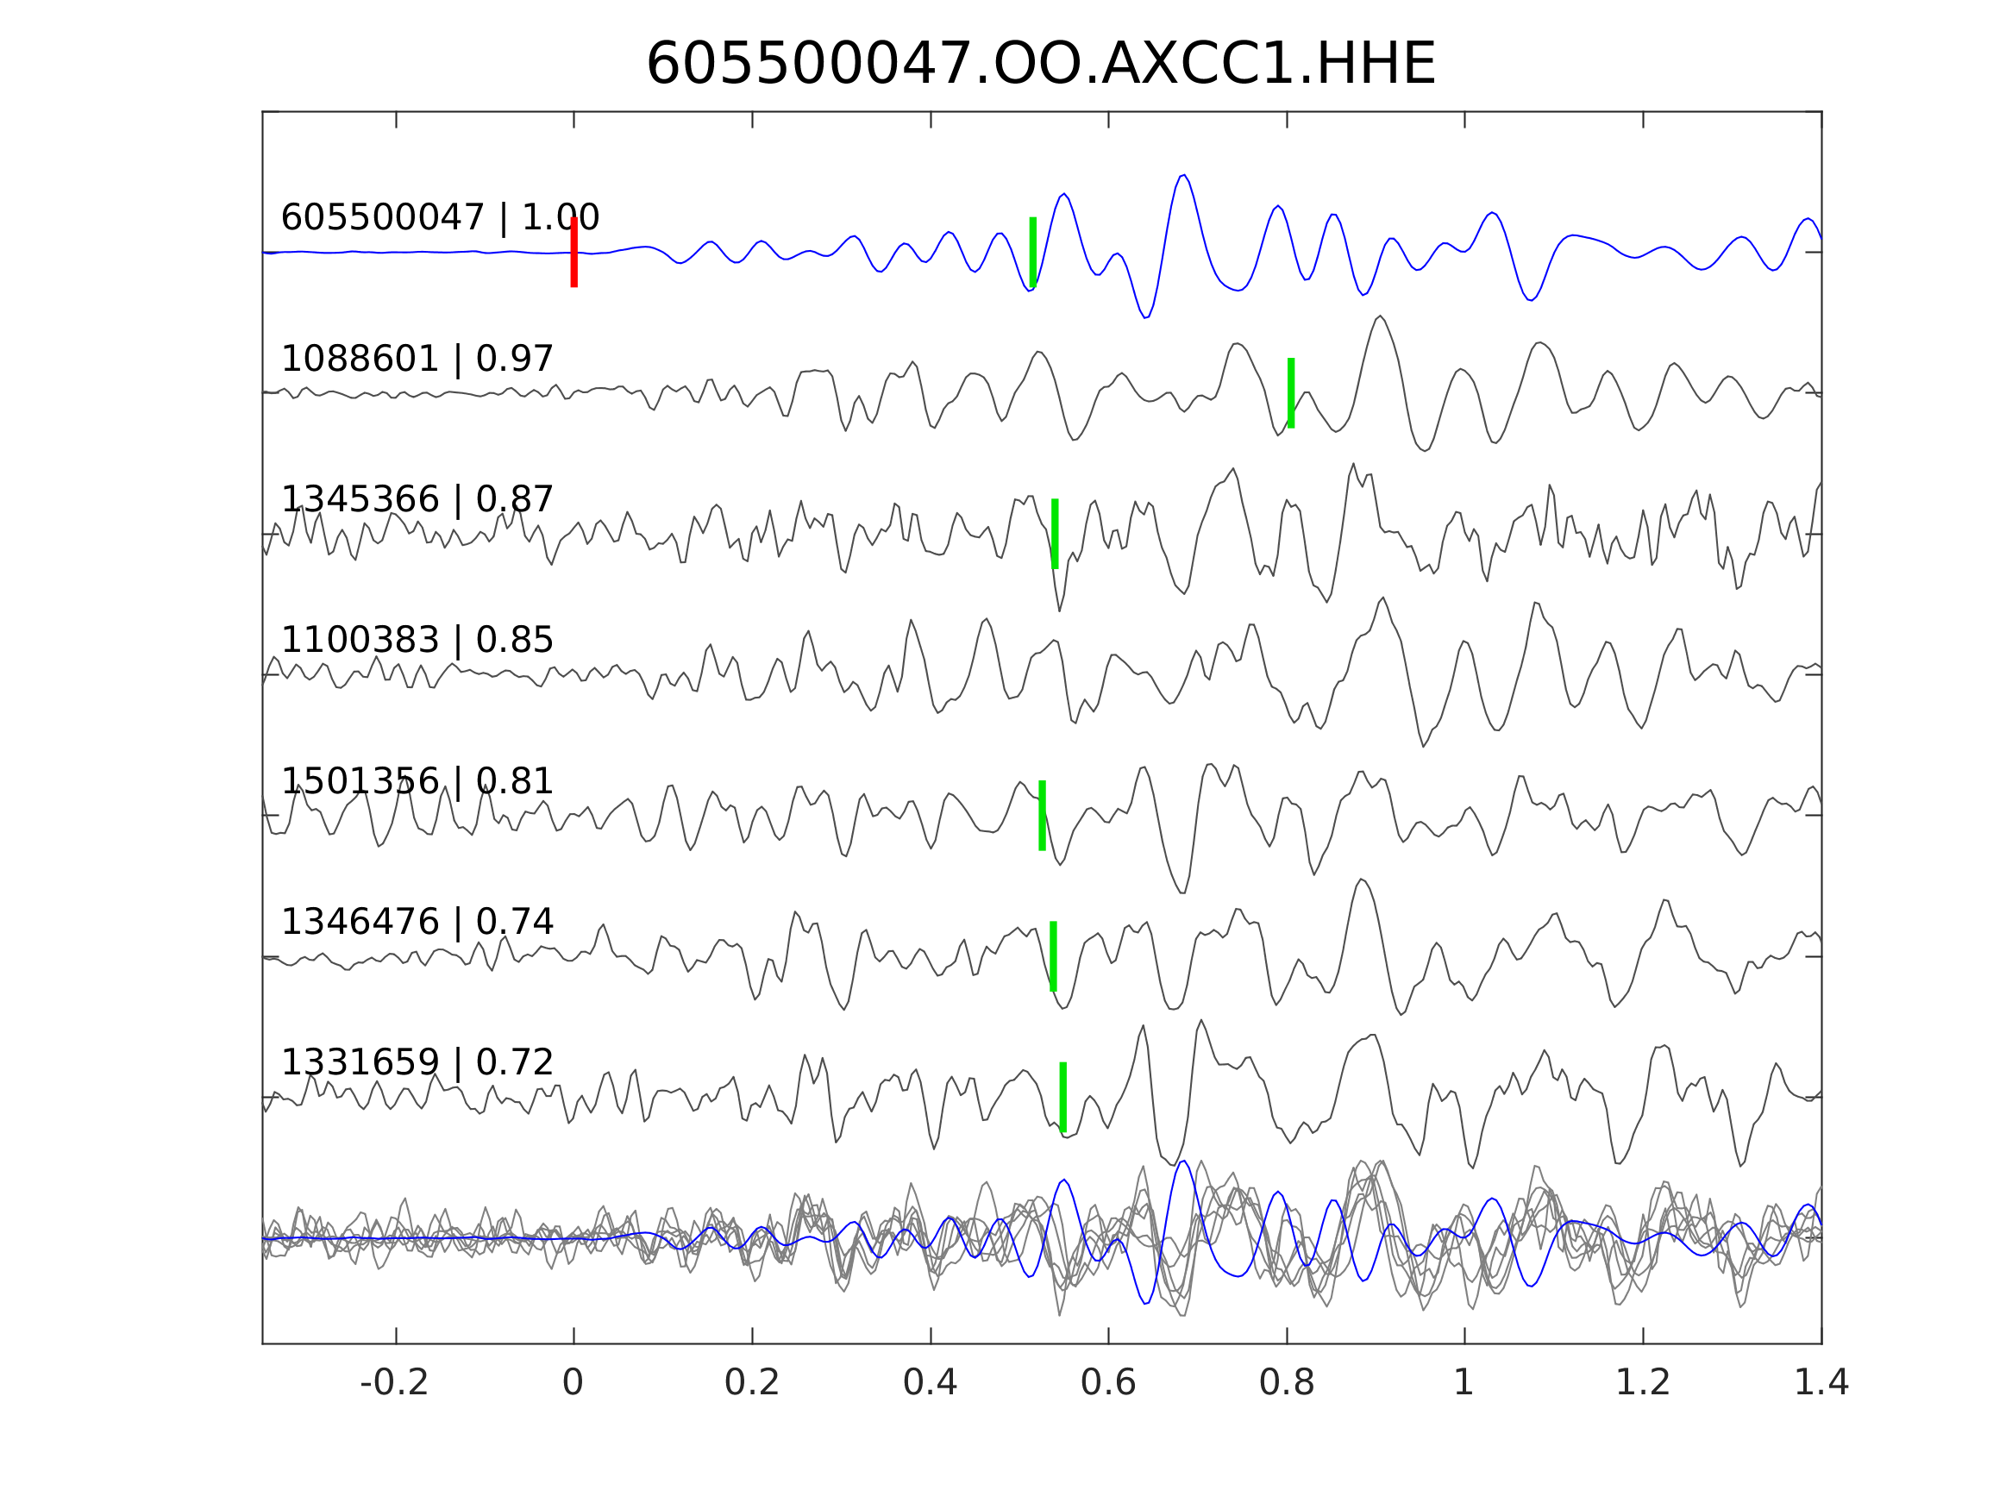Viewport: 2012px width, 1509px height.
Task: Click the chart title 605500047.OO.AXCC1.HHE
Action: [x=1040, y=65]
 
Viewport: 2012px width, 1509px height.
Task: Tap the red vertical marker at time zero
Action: [x=574, y=252]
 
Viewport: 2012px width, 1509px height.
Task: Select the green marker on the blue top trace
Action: [x=1032, y=252]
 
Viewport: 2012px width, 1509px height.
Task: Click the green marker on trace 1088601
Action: [x=1291, y=393]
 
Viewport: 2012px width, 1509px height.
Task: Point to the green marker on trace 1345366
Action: [x=1054, y=534]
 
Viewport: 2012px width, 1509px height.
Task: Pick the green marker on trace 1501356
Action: [x=1042, y=816]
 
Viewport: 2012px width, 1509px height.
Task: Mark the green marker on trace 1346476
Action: [x=1052, y=957]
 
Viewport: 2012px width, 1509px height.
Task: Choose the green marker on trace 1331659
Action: [x=1062, y=1097]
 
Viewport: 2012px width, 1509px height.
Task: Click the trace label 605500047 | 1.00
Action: [x=439, y=218]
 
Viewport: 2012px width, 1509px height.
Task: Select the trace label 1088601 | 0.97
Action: [x=417, y=360]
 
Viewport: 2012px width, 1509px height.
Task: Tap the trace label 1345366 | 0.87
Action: [x=417, y=499]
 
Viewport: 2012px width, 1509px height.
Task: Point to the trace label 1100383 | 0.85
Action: [x=417, y=641]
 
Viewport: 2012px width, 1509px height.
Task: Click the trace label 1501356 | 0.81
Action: [x=417, y=781]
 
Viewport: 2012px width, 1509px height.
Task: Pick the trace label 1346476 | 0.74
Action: [x=417, y=923]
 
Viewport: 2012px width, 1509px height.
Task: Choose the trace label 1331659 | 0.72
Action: [x=417, y=1062]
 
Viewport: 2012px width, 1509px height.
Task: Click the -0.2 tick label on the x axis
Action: [x=394, y=1383]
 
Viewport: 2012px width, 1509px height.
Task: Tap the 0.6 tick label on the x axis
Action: [x=1108, y=1383]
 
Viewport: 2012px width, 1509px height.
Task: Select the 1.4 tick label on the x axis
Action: [x=1820, y=1383]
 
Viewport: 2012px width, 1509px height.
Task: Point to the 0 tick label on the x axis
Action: [x=573, y=1383]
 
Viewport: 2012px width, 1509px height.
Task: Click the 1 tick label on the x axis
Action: [x=1464, y=1383]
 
